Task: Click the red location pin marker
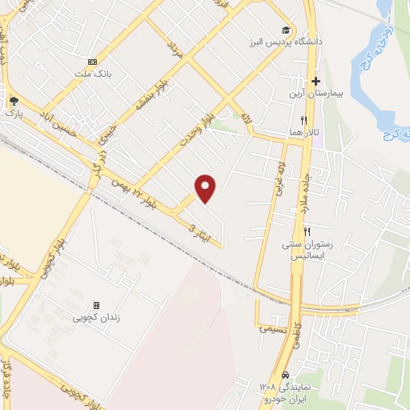[207, 187]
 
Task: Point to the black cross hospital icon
[316, 81]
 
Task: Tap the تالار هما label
[303, 132]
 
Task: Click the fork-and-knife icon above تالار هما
[303, 120]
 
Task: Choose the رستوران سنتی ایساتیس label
[307, 249]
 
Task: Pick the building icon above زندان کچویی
[96, 305]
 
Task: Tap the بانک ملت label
[93, 74]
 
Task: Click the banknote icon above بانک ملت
[93, 62]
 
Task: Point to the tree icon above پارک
[14, 102]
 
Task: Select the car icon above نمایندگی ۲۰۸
[286, 374]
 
